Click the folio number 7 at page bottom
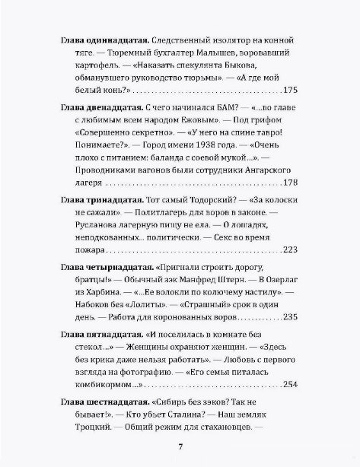click(x=180, y=446)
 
